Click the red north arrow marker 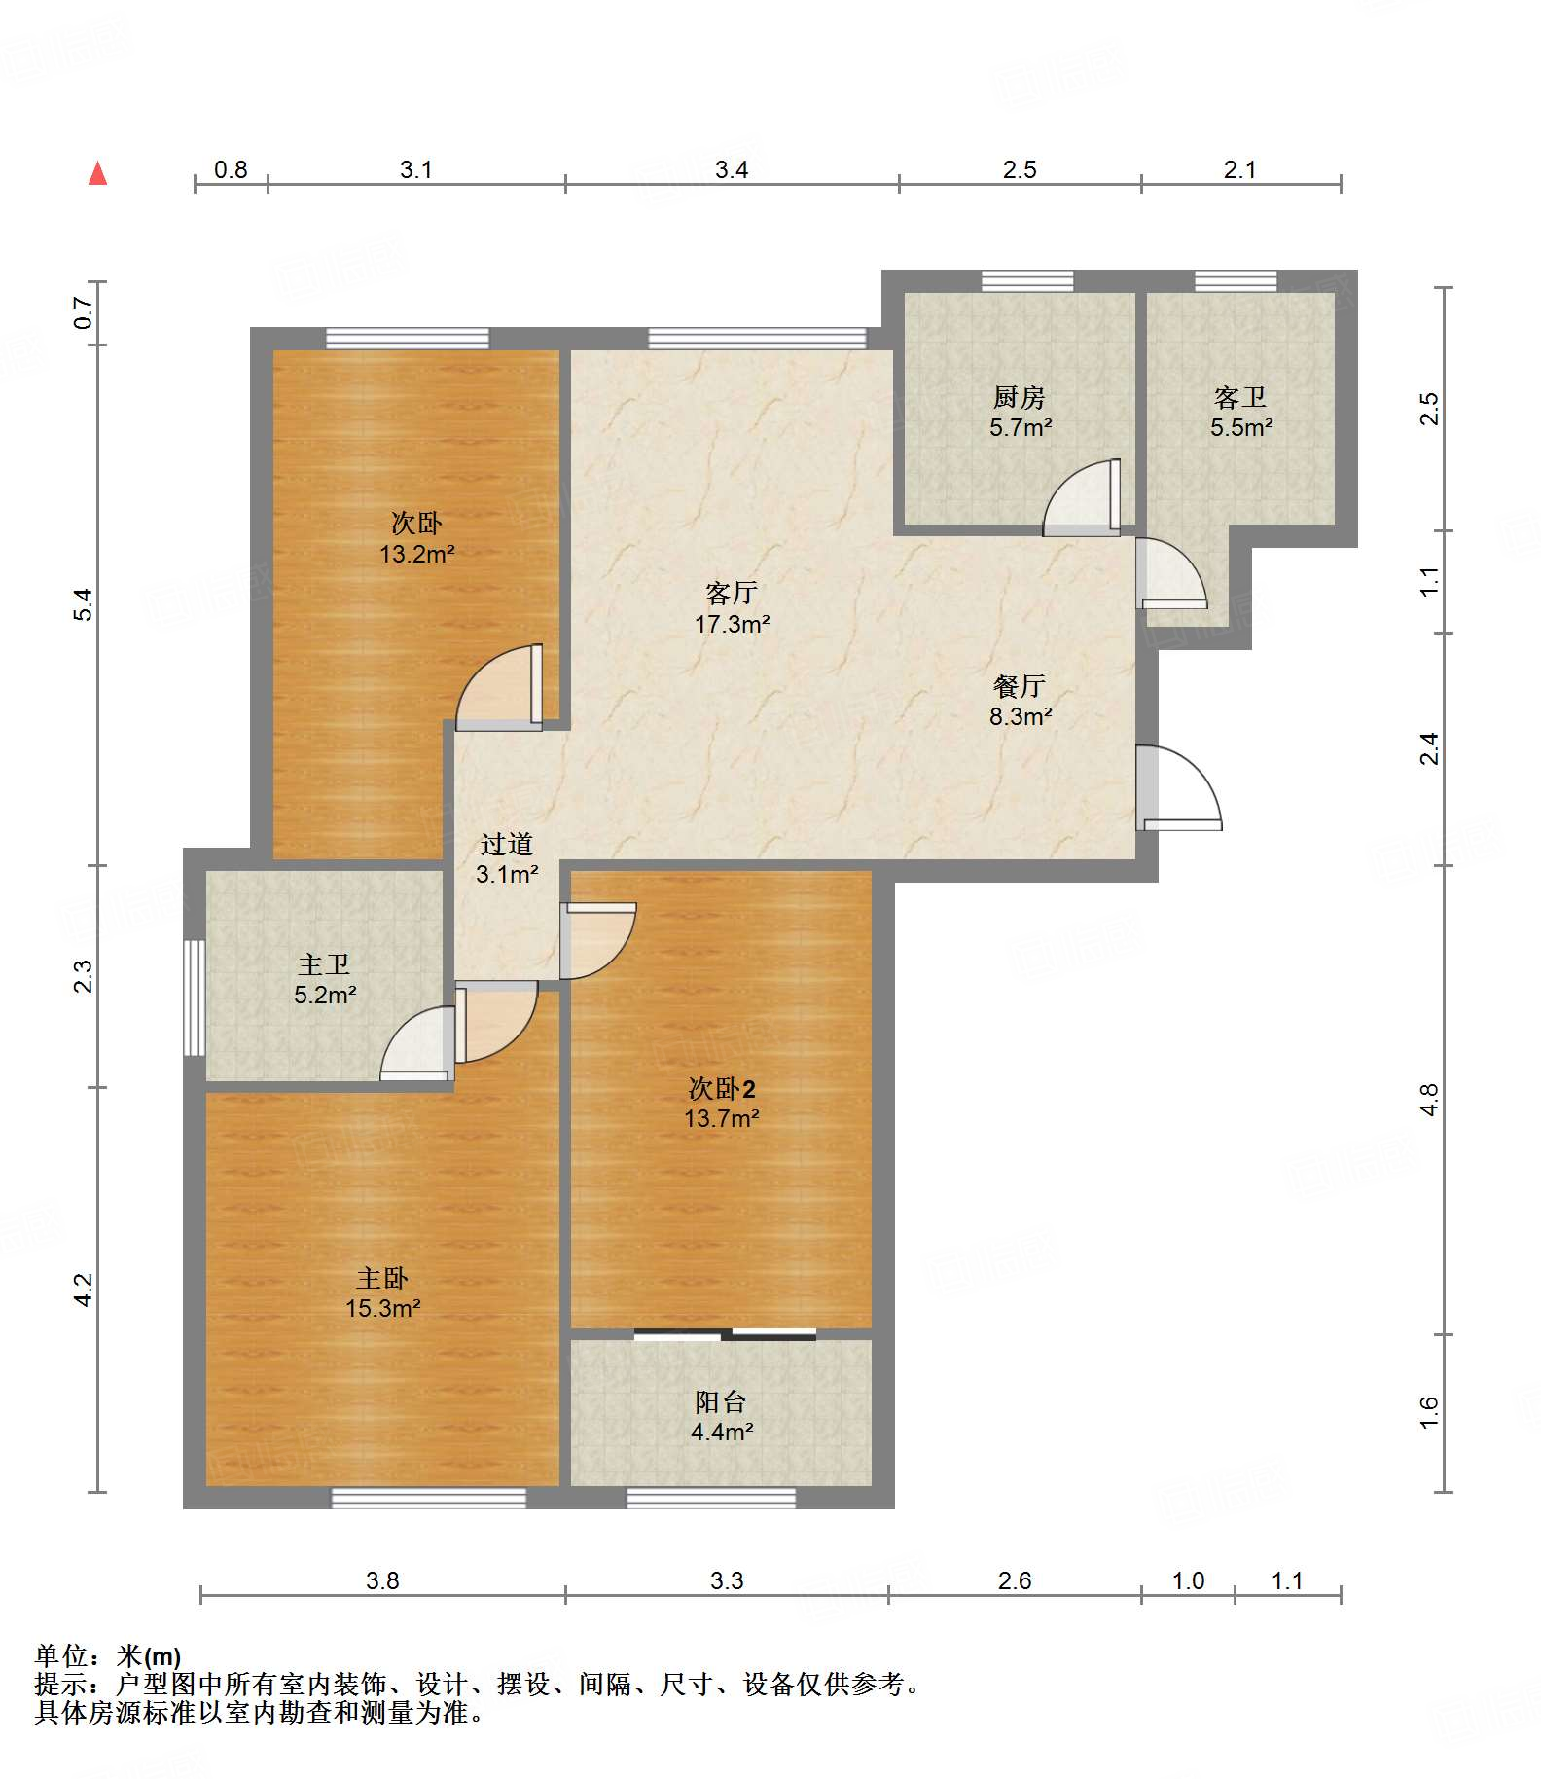pos(97,173)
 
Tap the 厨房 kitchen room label pos(1019,397)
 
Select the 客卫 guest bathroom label pos(1240,397)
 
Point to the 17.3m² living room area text pos(732,624)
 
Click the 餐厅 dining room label pos(1019,686)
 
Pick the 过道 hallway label pos(507,844)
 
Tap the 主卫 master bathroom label pos(324,964)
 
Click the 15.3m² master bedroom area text pos(383,1308)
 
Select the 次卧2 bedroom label pos(722,1088)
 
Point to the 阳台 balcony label pos(721,1401)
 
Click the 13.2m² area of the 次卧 pos(417,554)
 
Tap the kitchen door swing pos(1081,497)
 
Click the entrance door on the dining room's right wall pos(1178,787)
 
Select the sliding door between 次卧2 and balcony pos(725,1333)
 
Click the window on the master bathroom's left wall pos(195,998)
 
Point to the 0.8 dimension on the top pos(231,169)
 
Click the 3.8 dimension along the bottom pos(382,1580)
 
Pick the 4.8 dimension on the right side pos(1428,1100)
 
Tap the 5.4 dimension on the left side pos(84,604)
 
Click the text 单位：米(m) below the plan pos(108,1655)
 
